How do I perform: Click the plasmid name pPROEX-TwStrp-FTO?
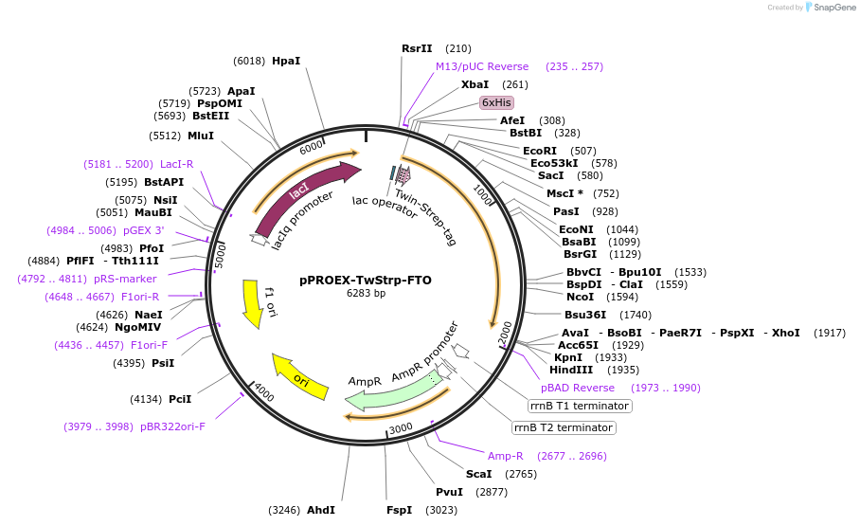(366, 280)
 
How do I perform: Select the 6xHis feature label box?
(496, 102)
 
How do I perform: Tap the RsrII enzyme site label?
(417, 48)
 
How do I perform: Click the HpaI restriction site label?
(285, 61)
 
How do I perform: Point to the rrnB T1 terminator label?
(580, 406)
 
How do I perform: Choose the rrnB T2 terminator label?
(563, 427)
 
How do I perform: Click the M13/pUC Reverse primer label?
(482, 66)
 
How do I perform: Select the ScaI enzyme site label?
(478, 473)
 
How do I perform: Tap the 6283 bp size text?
(366, 294)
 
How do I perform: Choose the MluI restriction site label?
(201, 136)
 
